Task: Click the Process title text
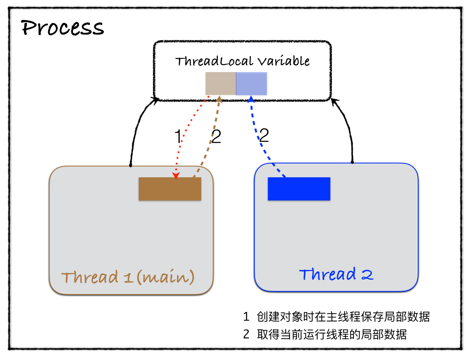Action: click(x=62, y=28)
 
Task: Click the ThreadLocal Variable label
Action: click(x=242, y=61)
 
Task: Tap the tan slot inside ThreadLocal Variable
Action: click(x=220, y=83)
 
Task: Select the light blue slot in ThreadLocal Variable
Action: click(x=251, y=83)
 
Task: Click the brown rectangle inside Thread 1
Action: click(x=170, y=189)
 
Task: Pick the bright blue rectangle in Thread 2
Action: click(x=299, y=189)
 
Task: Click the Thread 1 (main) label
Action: click(x=128, y=277)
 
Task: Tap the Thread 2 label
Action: click(x=336, y=274)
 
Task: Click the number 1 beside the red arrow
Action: click(x=178, y=136)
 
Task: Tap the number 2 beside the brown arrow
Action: click(x=217, y=136)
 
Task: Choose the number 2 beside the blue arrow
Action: click(x=264, y=135)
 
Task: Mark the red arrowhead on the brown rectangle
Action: click(x=176, y=176)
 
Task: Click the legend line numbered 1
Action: click(x=336, y=317)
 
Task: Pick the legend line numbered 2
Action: click(x=325, y=334)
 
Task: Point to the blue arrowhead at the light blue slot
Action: click(x=251, y=99)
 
